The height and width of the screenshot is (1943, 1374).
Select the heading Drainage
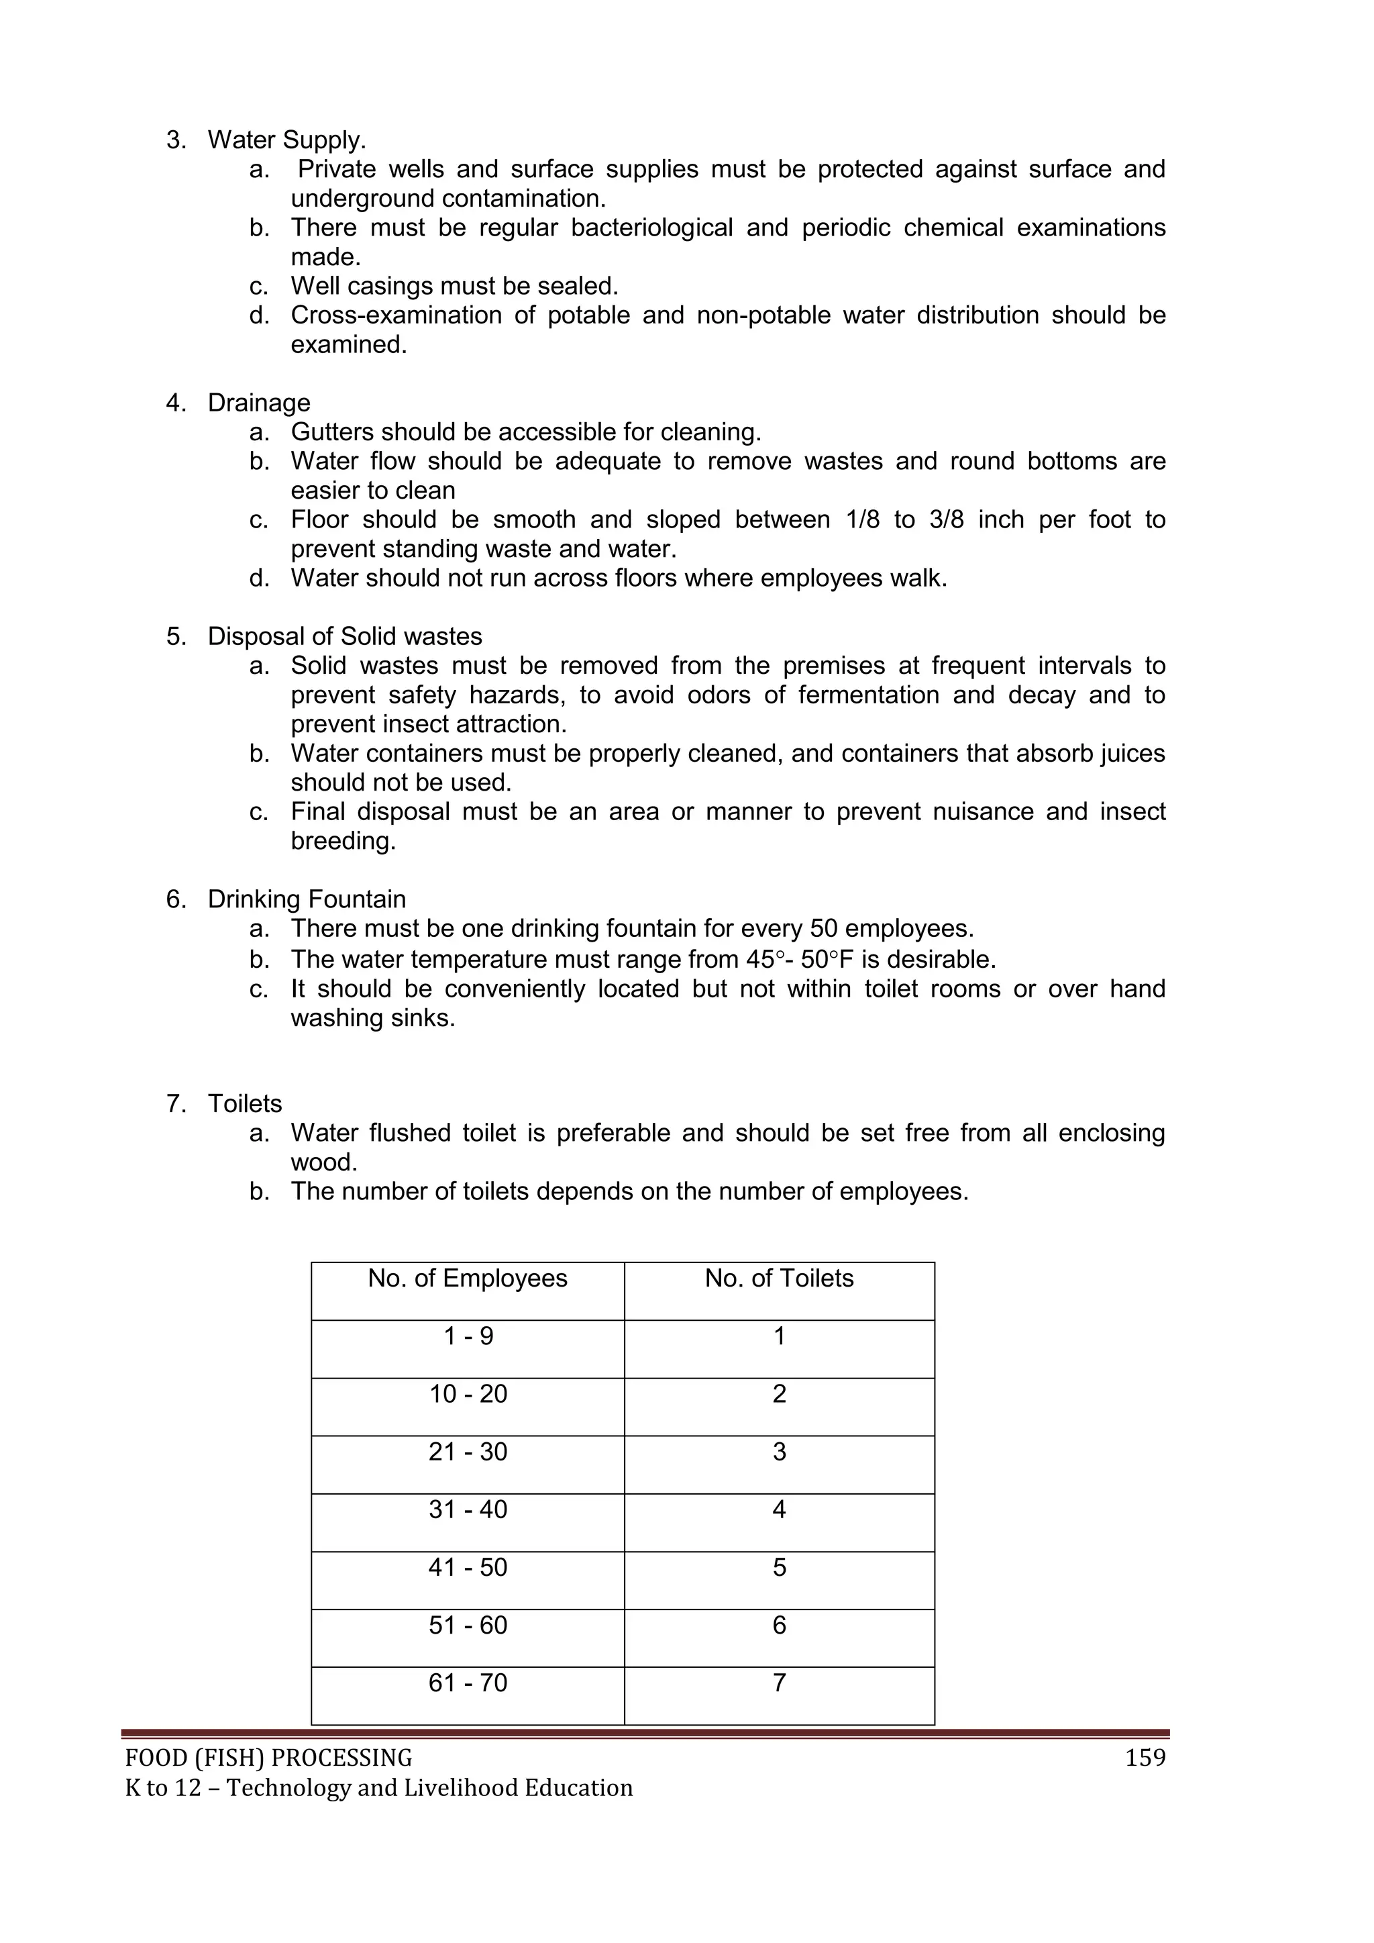click(259, 403)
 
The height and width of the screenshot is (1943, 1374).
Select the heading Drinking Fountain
click(307, 899)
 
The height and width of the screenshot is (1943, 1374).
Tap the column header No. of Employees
click(467, 1278)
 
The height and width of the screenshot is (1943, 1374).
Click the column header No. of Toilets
click(778, 1278)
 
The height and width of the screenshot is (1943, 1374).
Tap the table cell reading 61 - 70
click(468, 1683)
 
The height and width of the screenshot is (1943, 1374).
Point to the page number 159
click(1145, 1758)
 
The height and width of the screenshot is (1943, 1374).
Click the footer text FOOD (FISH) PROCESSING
click(268, 1758)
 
